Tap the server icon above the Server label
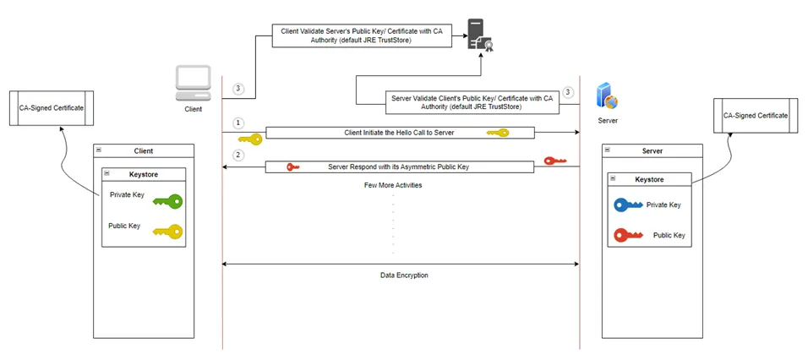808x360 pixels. coord(607,96)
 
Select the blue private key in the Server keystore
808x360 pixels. coord(628,205)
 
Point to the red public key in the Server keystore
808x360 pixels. coord(630,235)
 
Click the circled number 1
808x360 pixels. coord(238,123)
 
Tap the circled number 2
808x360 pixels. coord(238,155)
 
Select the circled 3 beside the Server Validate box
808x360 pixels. coord(568,92)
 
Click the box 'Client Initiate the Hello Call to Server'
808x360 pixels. coord(400,133)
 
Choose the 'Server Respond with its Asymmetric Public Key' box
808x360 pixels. coord(400,167)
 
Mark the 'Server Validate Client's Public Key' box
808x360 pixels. coord(472,102)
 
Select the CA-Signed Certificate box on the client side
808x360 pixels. coord(52,109)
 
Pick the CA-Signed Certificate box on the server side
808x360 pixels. coord(756,116)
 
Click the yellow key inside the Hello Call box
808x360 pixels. coord(497,133)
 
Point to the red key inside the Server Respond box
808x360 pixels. coord(293,167)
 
